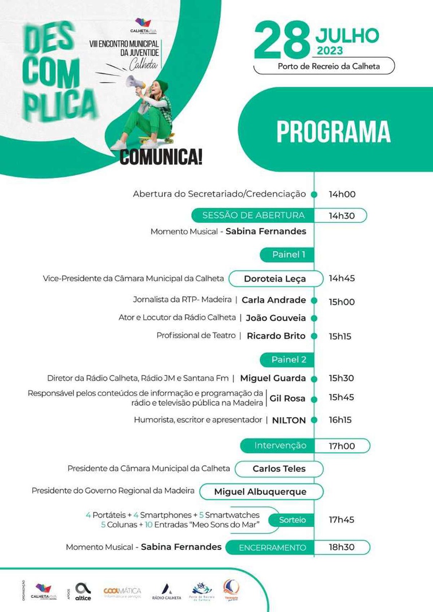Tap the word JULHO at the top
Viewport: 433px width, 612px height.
pos(347,36)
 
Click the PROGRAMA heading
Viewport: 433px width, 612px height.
pos(334,132)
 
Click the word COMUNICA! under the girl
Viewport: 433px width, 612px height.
pos(161,157)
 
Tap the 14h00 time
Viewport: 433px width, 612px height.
pos(342,194)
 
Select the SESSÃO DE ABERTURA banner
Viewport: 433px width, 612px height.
pos(253,215)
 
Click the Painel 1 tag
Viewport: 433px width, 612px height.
pos(286,254)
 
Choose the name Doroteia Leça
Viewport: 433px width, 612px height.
pos(275,279)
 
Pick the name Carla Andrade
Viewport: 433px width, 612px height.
pos(274,300)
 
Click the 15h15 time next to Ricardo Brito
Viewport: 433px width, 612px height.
pos(340,336)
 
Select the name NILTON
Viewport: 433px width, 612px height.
pos(289,420)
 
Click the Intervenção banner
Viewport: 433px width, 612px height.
pos(280,446)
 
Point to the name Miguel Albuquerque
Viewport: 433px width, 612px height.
pos(260,492)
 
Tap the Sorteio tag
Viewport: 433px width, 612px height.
pos(293,520)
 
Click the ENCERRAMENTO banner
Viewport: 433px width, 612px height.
pos(273,548)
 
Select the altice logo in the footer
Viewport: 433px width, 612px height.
pos(83,592)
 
